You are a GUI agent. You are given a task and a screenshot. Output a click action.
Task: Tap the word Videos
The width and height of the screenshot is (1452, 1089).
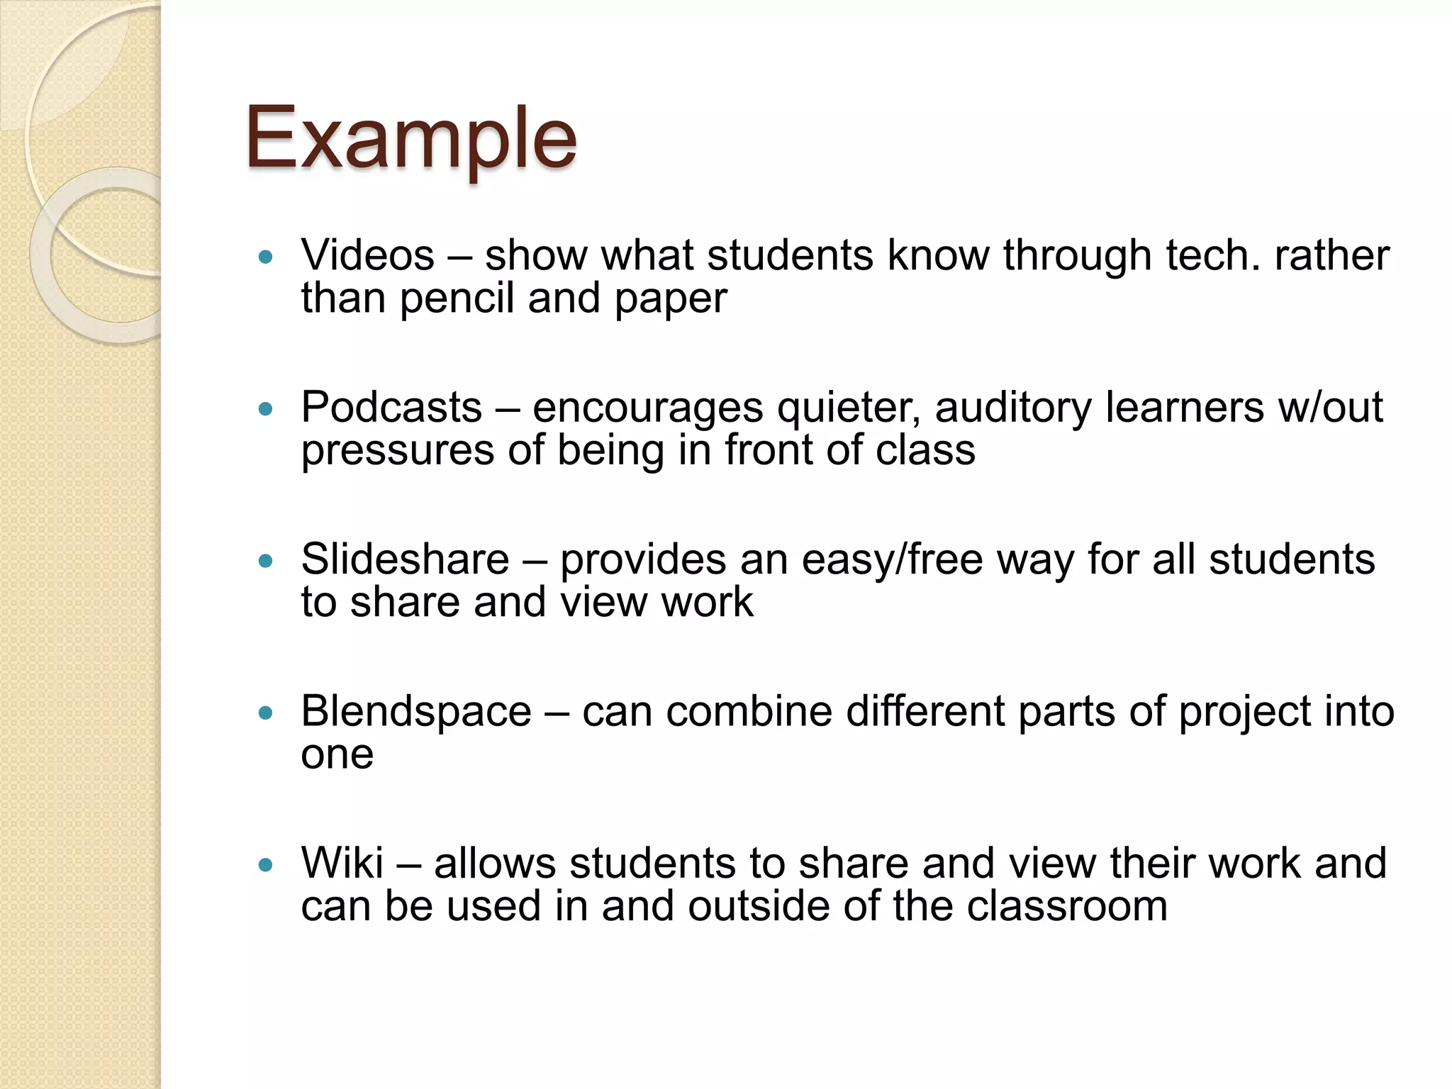tap(367, 255)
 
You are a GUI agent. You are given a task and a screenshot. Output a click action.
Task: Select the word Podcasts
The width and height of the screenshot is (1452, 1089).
tap(391, 408)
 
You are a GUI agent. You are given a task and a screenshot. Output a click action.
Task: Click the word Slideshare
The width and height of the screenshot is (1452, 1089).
tap(405, 559)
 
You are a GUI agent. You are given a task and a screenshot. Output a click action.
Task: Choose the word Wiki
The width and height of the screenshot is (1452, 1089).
tap(342, 864)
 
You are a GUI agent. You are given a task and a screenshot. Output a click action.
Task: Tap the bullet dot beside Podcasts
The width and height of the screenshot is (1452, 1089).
tap(266, 409)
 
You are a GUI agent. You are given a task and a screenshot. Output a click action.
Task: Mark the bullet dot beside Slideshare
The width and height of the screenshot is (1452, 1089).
tap(266, 561)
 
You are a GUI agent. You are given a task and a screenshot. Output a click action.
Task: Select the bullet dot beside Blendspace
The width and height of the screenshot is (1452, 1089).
tap(266, 713)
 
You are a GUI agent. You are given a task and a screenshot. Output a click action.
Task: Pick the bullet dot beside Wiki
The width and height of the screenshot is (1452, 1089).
tap(266, 865)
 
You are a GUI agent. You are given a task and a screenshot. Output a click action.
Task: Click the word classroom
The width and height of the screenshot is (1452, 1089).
tap(1067, 907)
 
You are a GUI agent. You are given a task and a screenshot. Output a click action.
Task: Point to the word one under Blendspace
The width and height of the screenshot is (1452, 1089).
tap(337, 755)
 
